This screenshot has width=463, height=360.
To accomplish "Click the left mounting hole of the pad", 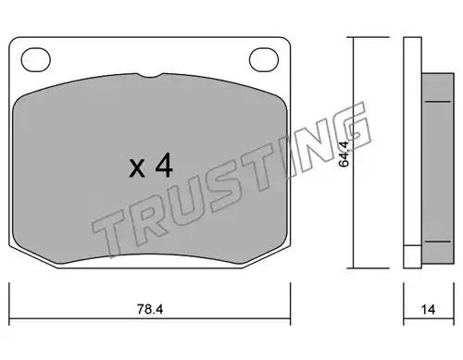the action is click(x=36, y=60).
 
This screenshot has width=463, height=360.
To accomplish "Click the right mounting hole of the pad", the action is click(x=264, y=60).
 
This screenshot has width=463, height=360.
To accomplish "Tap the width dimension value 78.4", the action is click(x=150, y=309).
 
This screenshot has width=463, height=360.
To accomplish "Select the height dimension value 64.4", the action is click(x=344, y=154).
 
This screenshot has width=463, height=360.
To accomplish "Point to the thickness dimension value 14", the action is click(x=429, y=309).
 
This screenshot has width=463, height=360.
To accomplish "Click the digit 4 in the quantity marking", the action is click(x=164, y=166).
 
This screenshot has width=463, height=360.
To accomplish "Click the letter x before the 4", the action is click(x=137, y=168).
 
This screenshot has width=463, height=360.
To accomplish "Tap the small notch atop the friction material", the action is click(x=150, y=75).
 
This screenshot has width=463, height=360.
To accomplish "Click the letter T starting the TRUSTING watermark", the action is click(x=108, y=229).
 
